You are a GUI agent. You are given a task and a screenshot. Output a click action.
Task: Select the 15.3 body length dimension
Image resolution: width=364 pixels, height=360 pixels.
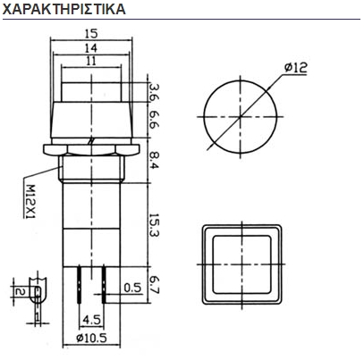coord(153,224)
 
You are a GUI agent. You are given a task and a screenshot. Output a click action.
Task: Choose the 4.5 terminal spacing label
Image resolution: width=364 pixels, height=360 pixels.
coord(90,317)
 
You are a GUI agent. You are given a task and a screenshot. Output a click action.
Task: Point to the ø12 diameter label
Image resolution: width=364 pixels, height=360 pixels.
coord(299,68)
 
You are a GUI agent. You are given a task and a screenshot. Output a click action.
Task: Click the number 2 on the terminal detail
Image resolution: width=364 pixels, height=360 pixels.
coord(19,291)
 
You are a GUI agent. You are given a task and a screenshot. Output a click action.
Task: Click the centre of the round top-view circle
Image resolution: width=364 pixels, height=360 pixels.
coord(237,117)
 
